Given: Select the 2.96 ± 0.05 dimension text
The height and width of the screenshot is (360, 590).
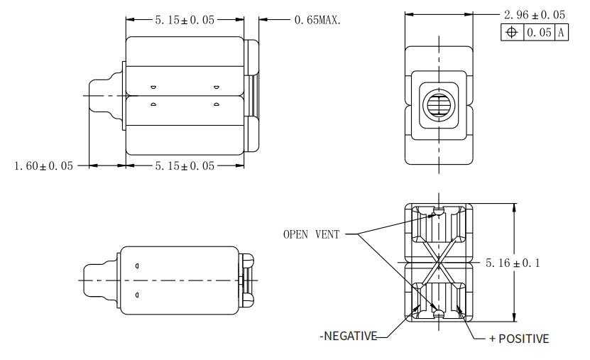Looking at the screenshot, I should [534, 15].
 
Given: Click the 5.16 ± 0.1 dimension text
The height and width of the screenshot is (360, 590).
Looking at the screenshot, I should [513, 263].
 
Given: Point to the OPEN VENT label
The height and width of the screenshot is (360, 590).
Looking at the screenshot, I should [311, 234].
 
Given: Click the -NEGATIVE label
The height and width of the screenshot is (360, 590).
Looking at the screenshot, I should [348, 336].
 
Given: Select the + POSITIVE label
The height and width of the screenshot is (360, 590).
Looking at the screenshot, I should [519, 339].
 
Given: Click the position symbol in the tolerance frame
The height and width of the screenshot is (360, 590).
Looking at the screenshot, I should [510, 32].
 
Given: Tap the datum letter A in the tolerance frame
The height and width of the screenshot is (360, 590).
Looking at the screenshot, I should [561, 32].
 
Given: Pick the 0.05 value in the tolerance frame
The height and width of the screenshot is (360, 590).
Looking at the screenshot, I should [538, 32].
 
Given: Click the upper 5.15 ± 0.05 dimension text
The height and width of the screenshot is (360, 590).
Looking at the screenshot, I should [185, 20].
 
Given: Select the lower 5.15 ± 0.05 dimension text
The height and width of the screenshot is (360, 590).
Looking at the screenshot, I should [185, 166].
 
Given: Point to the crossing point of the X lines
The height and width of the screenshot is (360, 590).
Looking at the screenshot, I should [439, 263].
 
